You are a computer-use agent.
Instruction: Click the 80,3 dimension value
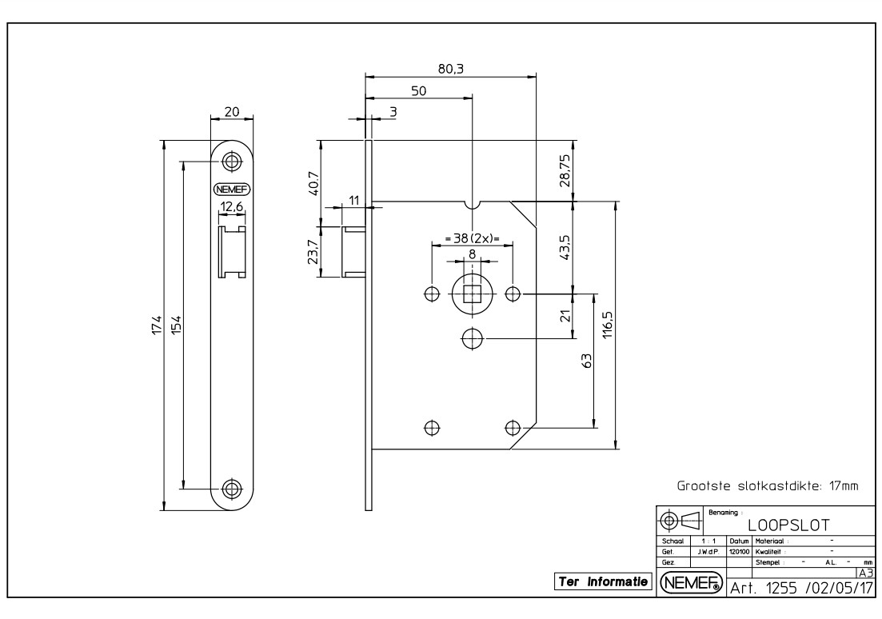click(451, 69)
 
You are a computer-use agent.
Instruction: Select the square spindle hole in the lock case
click(472, 294)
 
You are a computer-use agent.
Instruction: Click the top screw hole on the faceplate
click(232, 161)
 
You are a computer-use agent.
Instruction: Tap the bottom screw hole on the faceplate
click(232, 488)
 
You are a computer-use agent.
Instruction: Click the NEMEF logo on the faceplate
click(232, 190)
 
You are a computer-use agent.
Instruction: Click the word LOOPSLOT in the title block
click(788, 525)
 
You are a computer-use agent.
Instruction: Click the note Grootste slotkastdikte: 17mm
click(767, 485)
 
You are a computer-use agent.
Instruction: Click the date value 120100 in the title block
click(738, 551)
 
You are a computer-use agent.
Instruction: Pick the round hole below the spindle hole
click(472, 339)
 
